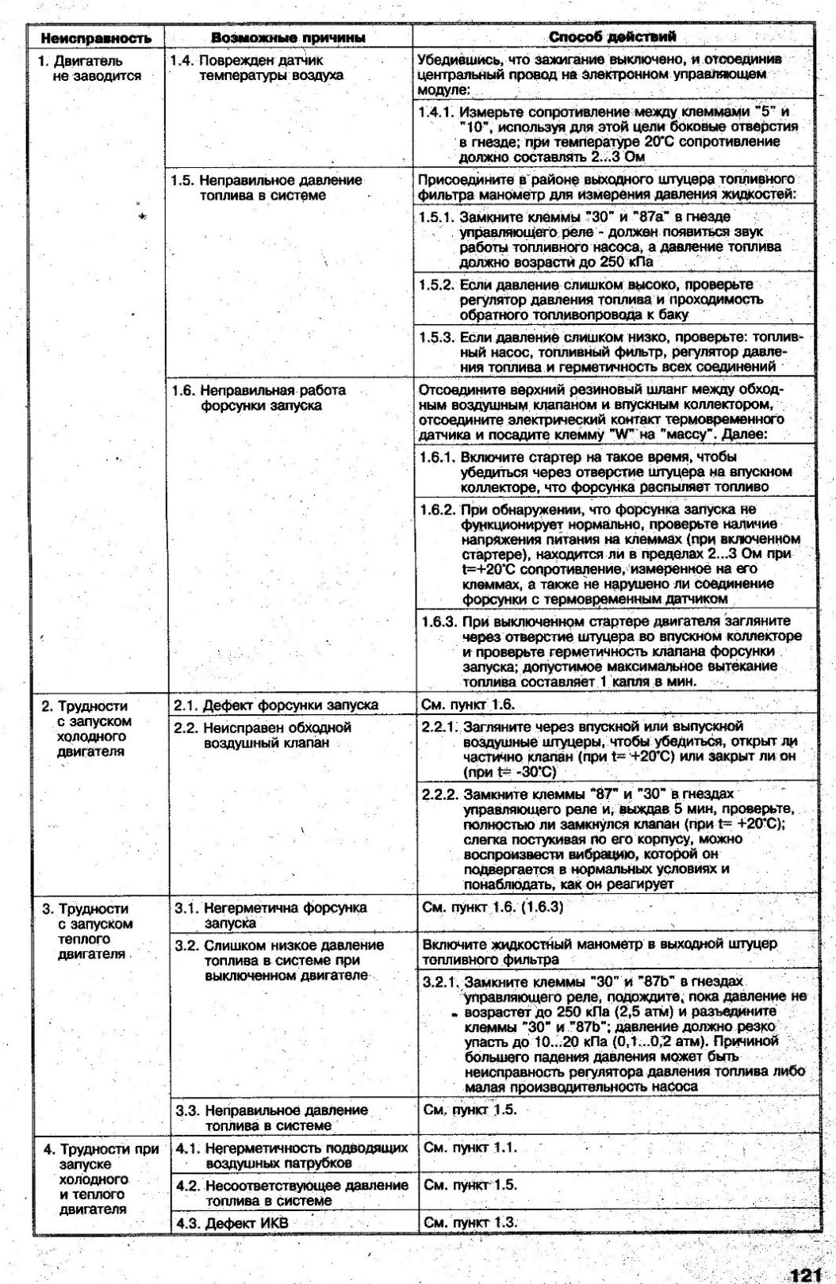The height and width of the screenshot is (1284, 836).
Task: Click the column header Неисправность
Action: click(97, 38)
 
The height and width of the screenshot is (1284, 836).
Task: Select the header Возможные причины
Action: click(289, 38)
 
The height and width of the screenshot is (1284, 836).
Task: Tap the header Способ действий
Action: click(612, 36)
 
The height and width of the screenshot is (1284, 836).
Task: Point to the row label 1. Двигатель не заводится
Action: click(91, 68)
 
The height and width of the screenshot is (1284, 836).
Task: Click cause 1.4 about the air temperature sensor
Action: click(262, 68)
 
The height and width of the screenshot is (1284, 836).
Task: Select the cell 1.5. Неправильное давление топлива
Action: click(270, 188)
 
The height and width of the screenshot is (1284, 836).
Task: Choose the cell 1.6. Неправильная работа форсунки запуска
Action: click(262, 398)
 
